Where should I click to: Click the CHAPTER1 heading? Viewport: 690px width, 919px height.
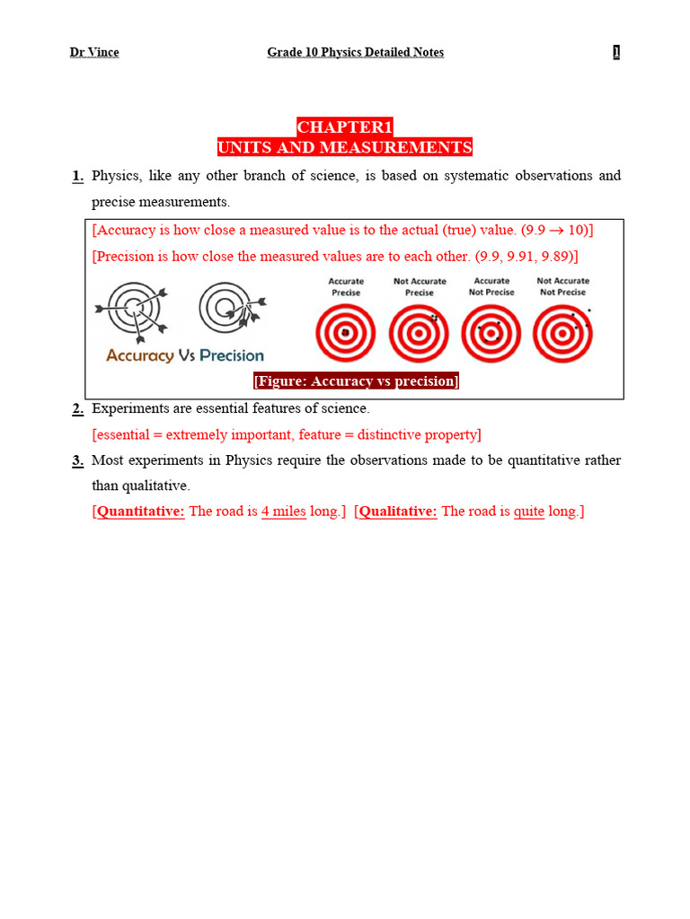345,127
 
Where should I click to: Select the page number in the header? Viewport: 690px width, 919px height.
616,52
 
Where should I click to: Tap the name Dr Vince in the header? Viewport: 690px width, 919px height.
94,52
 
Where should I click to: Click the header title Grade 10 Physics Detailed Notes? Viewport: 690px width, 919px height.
355,52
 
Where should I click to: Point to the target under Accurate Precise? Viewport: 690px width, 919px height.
346,333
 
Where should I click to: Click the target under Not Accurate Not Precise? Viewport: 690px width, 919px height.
562,333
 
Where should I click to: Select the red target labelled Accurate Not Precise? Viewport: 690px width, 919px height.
491,333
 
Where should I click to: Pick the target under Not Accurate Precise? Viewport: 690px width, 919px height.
419,333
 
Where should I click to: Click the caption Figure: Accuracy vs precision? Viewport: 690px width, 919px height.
356,381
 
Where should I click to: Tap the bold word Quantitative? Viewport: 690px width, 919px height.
141,512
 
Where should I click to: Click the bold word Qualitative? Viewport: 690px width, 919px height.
398,512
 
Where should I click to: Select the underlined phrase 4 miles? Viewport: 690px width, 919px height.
284,512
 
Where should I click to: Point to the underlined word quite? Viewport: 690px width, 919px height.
529,512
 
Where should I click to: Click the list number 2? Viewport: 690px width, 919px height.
78,409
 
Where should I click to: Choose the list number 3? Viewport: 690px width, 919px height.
78,460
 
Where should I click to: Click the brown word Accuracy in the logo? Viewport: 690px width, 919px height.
139,355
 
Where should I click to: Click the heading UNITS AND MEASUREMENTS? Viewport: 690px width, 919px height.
345,148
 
